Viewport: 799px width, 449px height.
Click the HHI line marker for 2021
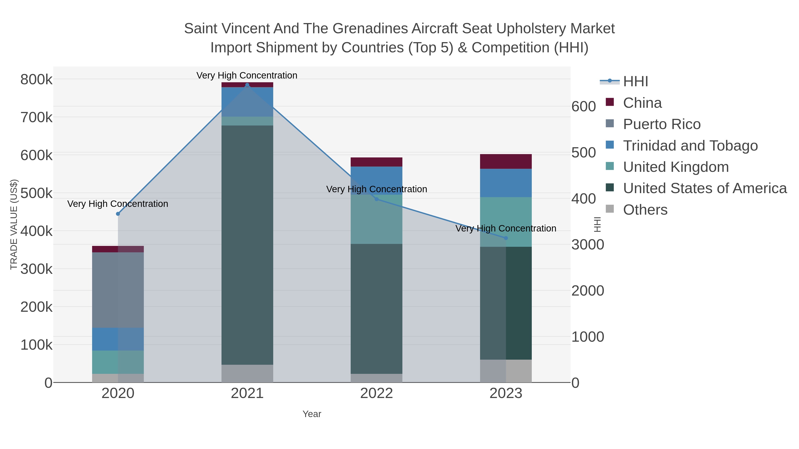[247, 85]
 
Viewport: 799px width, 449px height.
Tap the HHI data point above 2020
[118, 214]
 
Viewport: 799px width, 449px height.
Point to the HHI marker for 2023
[506, 238]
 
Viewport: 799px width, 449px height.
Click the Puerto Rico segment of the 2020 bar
[118, 290]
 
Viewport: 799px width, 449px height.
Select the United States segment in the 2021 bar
[247, 245]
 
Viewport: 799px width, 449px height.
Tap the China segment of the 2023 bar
[506, 161]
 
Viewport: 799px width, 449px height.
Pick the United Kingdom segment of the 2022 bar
[377, 219]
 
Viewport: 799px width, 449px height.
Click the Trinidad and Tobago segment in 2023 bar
[506, 183]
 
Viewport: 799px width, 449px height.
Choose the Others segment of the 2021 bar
[247, 373]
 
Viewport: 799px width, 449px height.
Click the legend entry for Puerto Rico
[662, 124]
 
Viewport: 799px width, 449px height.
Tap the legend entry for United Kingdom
[676, 167]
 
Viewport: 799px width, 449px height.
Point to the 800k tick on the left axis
[36, 80]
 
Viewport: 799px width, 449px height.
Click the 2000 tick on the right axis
[587, 291]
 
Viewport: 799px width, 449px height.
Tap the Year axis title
[312, 414]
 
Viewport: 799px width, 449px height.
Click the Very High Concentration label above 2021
[247, 75]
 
